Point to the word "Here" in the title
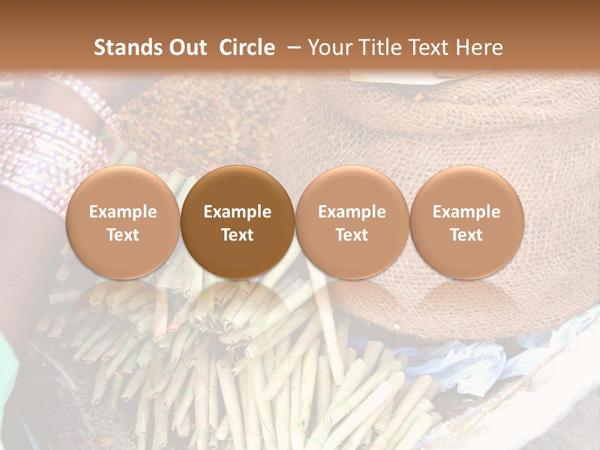[x=479, y=47]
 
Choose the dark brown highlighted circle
[x=237, y=222]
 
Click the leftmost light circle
[x=123, y=222]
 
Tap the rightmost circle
[x=467, y=222]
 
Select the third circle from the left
[x=352, y=222]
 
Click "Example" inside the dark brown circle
[x=237, y=212]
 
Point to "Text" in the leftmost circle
[x=123, y=235]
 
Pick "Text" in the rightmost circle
[x=467, y=235]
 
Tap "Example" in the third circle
[x=352, y=212]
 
